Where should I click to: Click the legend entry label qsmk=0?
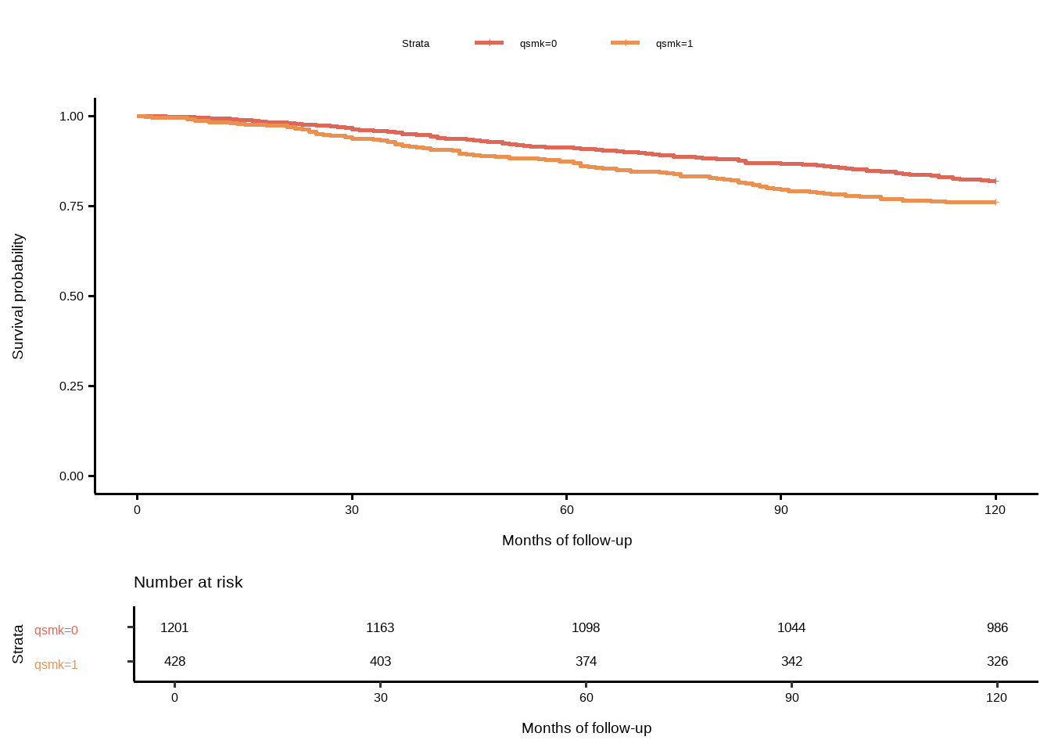point(538,44)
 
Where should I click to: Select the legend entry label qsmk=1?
point(674,44)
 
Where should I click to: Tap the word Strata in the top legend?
point(415,44)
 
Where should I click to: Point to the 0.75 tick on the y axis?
point(71,207)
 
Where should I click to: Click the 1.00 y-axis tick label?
point(71,117)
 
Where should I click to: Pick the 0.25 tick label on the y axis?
point(71,386)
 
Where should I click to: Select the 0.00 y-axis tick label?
point(71,476)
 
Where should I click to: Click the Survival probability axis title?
point(18,296)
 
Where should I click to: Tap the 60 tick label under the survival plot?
point(567,510)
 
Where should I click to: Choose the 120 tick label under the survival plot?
point(995,510)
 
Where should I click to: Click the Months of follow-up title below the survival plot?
point(567,541)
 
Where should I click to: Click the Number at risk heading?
point(188,582)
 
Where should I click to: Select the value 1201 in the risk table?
point(174,628)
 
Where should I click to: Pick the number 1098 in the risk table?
point(586,628)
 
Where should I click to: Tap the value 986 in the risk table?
point(997,628)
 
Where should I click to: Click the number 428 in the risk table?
point(174,662)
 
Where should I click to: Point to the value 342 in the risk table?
point(791,662)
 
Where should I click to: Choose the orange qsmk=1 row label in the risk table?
point(56,665)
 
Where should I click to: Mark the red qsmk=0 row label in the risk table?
point(56,631)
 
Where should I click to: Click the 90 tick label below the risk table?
point(792,698)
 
